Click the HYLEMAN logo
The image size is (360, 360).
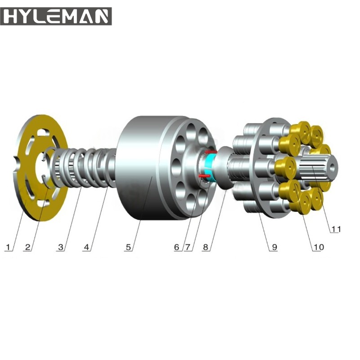56,16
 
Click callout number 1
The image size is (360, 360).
8,247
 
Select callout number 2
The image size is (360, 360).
27,247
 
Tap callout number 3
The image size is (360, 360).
61,247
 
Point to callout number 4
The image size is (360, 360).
86,247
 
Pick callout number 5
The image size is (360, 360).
128,247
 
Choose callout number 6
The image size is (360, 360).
176,247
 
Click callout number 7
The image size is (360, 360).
188,247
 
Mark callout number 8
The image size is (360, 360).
206,247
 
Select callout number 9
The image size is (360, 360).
274,247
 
